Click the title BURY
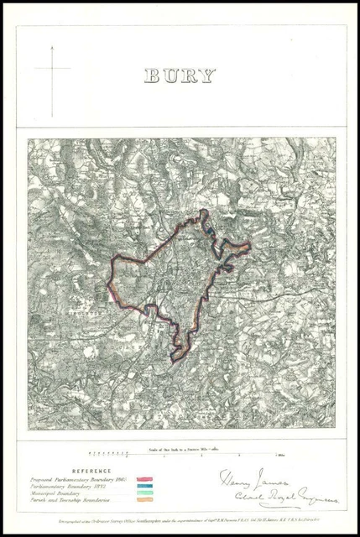tap(180, 76)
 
